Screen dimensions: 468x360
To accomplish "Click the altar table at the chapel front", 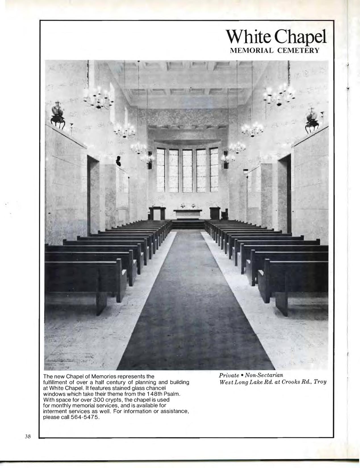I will coord(188,214).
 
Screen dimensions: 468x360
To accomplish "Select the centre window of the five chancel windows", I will coord(187,170).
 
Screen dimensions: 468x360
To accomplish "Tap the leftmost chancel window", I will coord(161,170).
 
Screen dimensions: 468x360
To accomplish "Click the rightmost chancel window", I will coord(214,170).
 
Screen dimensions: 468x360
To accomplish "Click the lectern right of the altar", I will coord(215,213).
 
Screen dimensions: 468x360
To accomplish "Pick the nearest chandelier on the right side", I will coord(279,94).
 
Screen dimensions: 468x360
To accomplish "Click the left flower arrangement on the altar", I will coord(183,206).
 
